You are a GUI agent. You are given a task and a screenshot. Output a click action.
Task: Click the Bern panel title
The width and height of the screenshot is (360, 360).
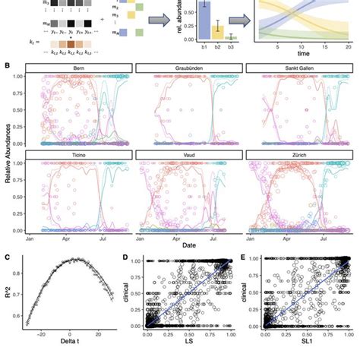click(78, 68)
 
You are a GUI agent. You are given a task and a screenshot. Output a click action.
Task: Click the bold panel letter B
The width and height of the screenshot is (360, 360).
click(7, 66)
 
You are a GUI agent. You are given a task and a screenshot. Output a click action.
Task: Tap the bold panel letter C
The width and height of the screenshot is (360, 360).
click(7, 256)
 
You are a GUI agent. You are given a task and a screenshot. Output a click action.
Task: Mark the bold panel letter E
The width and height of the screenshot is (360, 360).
click(243, 256)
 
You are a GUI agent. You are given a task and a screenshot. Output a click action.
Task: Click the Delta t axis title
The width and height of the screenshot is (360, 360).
click(62, 351)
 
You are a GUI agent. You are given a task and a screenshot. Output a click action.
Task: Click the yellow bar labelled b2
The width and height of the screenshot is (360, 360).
click(197, 31)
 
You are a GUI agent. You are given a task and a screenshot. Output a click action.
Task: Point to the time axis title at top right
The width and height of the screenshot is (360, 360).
click(303, 55)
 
